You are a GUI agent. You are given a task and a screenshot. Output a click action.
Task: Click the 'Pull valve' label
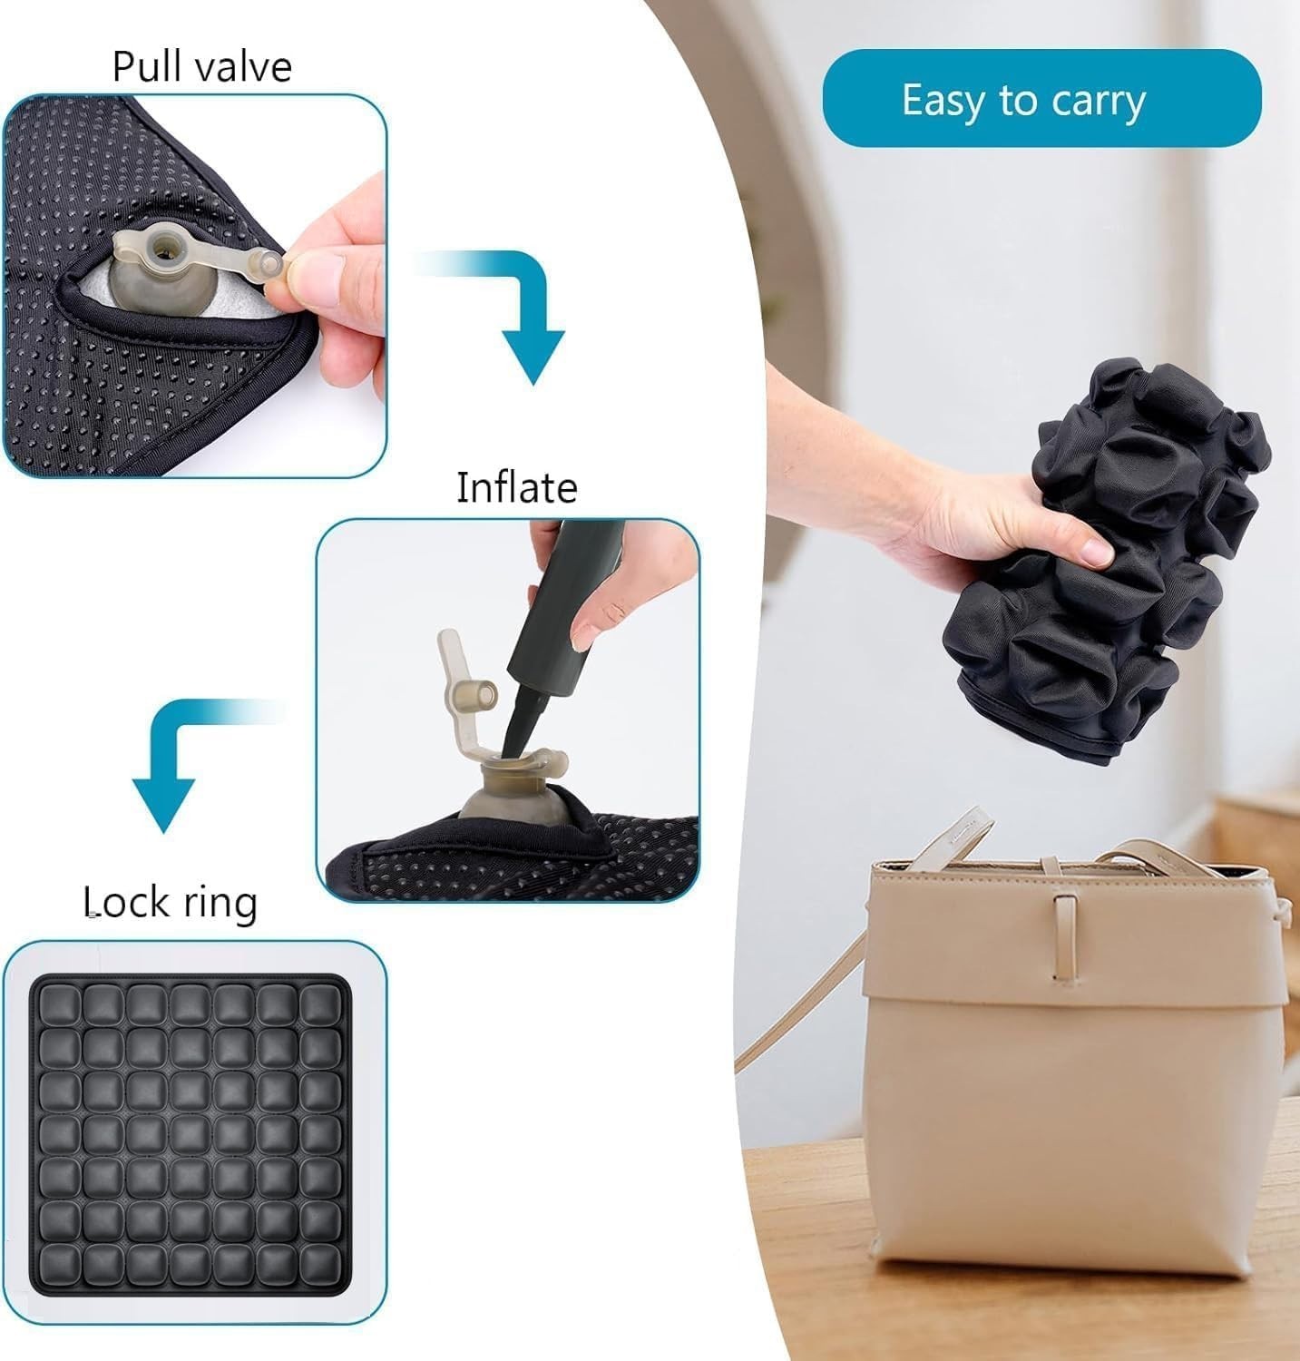coord(201,67)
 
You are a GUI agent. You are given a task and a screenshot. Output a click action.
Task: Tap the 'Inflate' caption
coord(516,487)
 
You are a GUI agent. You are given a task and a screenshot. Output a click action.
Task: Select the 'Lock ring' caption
coord(171,903)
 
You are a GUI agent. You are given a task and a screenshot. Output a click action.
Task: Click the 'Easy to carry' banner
coord(1041,98)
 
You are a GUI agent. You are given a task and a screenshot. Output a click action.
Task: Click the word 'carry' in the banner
coord(1099,102)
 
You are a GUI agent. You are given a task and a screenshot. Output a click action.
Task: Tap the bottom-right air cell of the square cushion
coord(319,1262)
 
